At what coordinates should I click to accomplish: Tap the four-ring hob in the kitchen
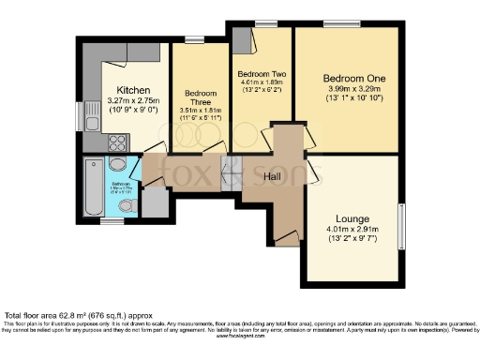(x=119, y=142)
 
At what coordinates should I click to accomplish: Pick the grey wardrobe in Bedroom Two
(x=243, y=42)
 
